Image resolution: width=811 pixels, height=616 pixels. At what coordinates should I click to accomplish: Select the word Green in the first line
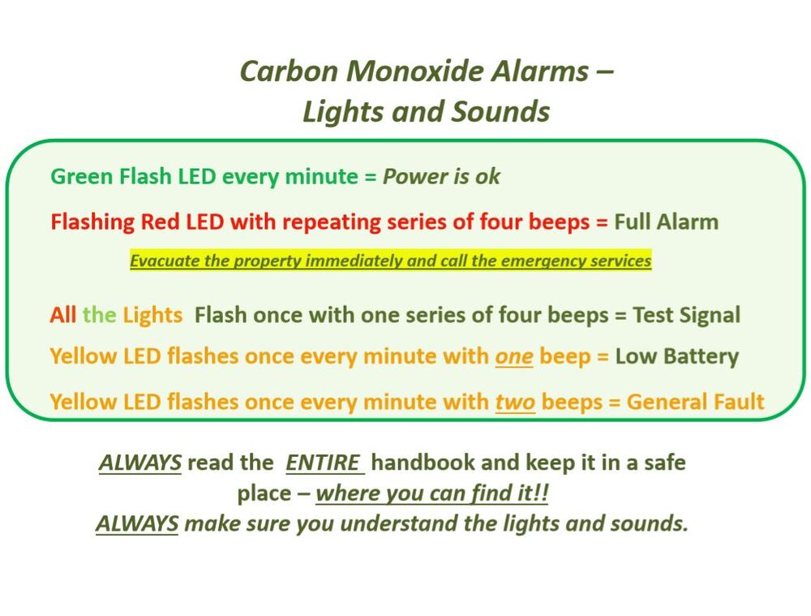click(82, 176)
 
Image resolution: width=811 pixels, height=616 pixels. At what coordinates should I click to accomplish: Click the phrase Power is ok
click(441, 176)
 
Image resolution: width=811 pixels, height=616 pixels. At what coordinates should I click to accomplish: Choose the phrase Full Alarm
click(666, 222)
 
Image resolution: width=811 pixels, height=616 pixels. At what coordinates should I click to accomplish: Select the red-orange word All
click(63, 315)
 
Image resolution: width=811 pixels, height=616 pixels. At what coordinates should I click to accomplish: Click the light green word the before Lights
click(99, 315)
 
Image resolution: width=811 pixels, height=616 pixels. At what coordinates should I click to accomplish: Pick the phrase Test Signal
click(687, 315)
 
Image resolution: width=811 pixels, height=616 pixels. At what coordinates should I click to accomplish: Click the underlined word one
click(514, 356)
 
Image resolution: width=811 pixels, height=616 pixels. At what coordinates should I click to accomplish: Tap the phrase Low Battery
click(677, 356)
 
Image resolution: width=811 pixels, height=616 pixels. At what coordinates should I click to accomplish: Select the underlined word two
click(515, 403)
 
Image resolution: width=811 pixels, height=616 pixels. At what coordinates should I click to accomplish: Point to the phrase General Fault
click(695, 403)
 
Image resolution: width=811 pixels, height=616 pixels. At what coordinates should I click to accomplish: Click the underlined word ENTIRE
click(323, 463)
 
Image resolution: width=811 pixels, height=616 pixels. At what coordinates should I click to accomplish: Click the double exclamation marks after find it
click(542, 493)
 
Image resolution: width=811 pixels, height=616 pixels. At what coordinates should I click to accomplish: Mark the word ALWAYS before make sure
click(137, 523)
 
